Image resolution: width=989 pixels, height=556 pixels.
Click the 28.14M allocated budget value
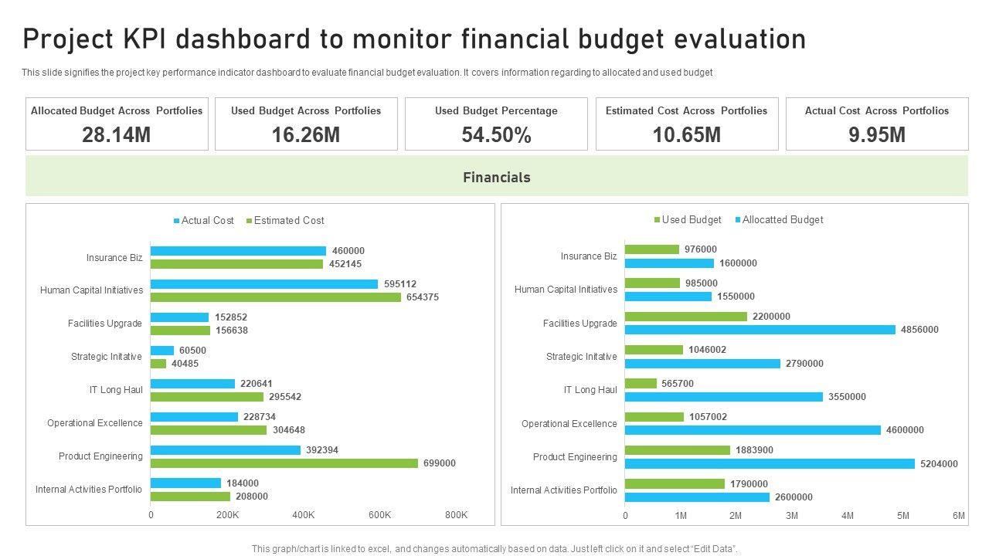point(116,135)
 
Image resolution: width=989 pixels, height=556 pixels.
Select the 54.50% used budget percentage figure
point(496,135)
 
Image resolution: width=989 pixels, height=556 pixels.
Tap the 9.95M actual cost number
point(876,135)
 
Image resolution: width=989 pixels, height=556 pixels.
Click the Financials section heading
point(496,178)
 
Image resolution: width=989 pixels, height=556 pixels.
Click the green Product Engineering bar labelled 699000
point(284,463)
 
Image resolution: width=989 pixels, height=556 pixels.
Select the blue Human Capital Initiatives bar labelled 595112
point(263,284)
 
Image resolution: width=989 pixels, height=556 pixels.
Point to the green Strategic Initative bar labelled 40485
point(158,364)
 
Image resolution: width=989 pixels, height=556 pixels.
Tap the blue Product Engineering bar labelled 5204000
point(769,464)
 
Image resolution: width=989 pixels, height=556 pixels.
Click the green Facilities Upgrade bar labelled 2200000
point(685,317)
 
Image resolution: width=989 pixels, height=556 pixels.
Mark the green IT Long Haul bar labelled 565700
point(641,384)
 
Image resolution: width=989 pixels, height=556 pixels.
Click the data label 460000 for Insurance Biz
point(348,251)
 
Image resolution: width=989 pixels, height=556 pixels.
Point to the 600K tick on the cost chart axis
point(379,515)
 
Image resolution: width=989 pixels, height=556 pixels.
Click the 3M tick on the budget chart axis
point(792,516)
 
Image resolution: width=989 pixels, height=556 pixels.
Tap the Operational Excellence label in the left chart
point(94,423)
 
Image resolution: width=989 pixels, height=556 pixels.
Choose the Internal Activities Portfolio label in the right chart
point(563,490)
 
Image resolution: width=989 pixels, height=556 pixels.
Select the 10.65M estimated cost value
point(686,135)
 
